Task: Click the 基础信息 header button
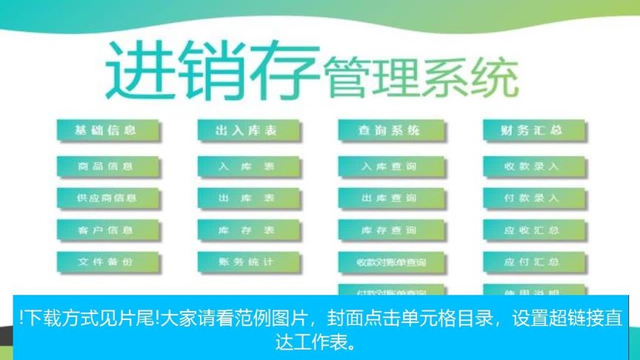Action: coord(107,130)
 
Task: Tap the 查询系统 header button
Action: coord(390,130)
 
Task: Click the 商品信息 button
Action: coord(107,167)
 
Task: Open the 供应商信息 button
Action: coord(107,199)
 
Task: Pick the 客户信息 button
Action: coord(107,230)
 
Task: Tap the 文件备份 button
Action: coord(107,262)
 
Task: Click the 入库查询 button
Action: coord(390,167)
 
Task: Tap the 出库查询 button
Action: coord(390,199)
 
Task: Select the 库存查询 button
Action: coord(390,230)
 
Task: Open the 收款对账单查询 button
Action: coord(390,262)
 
